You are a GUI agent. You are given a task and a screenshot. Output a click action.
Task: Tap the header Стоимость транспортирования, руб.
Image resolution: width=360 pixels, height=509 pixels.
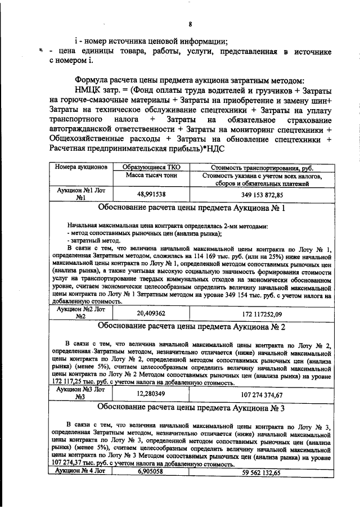click(262, 168)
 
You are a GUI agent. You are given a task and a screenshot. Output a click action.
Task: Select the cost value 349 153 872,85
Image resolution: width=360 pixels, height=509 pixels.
click(262, 193)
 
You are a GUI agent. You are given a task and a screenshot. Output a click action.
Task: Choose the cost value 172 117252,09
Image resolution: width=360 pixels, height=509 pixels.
click(262, 313)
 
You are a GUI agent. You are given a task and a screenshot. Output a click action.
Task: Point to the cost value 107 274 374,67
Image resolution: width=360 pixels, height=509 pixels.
click(262, 394)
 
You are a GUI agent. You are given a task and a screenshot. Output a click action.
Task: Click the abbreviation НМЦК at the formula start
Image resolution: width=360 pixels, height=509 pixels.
click(92, 91)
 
